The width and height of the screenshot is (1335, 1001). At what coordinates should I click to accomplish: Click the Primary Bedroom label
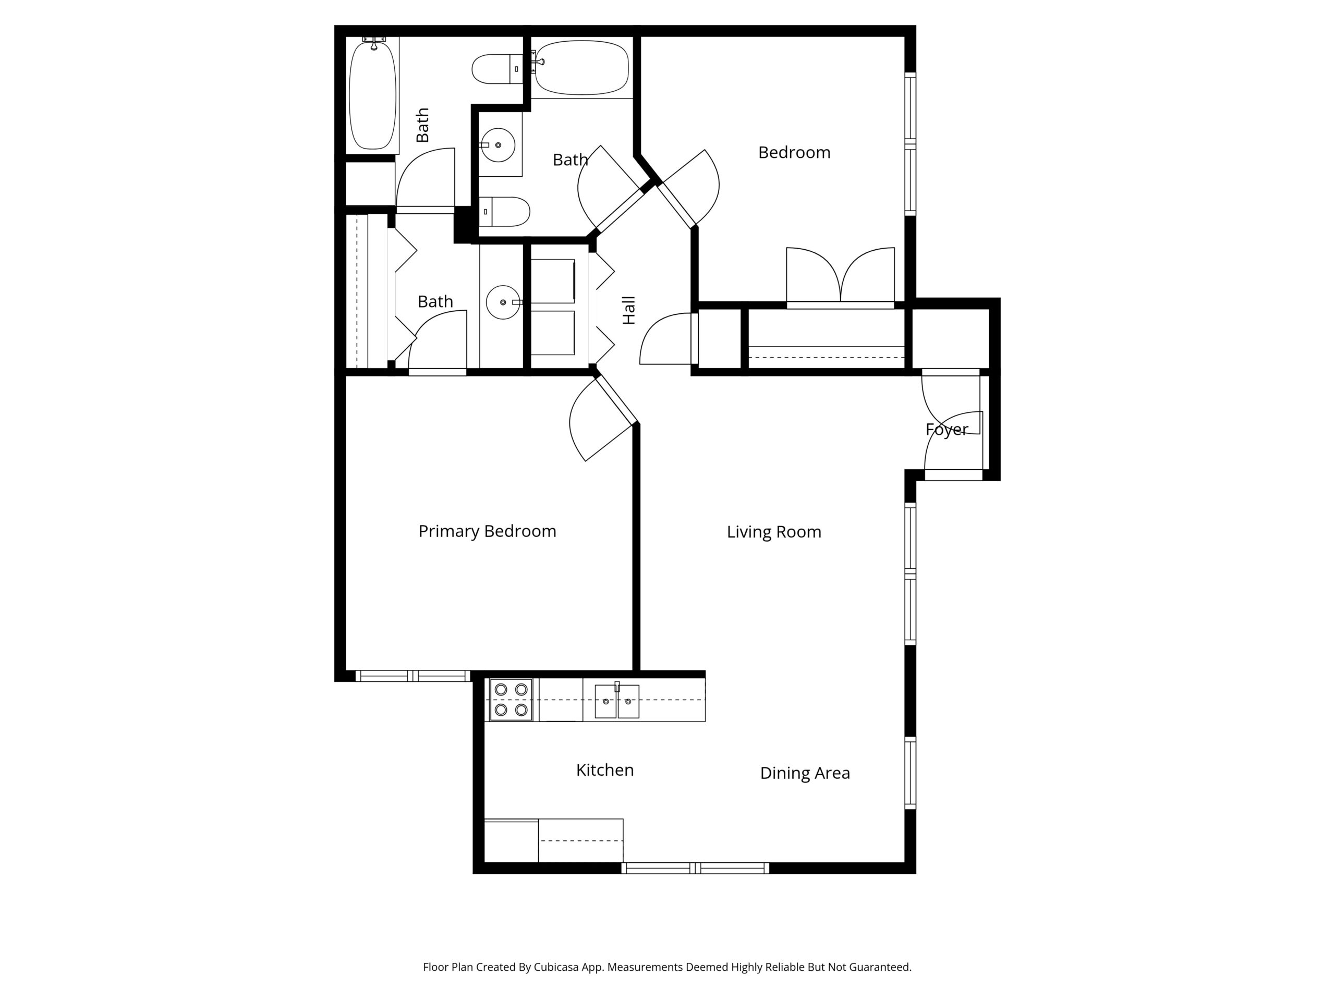point(487,531)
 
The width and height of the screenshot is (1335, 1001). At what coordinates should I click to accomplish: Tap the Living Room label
point(773,532)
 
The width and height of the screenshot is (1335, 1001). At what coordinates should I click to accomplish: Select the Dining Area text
point(805,773)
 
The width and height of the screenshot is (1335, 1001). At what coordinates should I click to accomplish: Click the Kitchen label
point(605,770)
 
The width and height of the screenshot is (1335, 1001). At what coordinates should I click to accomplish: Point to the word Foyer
point(946,430)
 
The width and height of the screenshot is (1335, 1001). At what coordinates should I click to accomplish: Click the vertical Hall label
point(629,310)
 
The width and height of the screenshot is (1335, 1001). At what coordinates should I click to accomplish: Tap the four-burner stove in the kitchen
point(511,700)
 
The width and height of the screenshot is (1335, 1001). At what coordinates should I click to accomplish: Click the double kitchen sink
point(616,701)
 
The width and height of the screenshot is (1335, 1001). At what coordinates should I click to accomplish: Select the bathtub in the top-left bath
point(373,93)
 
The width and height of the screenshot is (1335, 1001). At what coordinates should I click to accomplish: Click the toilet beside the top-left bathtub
point(496,69)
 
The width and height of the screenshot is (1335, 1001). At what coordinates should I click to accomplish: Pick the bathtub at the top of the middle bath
point(582,68)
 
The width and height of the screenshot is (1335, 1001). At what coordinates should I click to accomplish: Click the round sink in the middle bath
point(498,145)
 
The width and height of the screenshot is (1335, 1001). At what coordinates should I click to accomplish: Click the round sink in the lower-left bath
point(503,302)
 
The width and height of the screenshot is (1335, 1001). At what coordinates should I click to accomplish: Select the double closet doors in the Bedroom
point(840,276)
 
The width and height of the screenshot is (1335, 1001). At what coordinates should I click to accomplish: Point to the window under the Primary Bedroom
point(412,676)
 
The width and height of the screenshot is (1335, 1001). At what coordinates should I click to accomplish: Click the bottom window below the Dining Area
point(695,868)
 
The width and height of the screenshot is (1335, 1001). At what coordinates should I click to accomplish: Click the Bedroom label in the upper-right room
point(794,153)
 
